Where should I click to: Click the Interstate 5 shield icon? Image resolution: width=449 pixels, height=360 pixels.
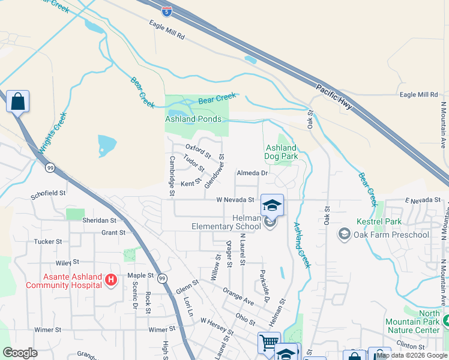[x=167, y=10]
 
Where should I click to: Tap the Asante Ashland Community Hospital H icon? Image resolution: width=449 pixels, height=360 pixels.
[x=110, y=280]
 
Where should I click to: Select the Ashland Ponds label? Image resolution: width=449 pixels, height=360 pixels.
[x=189, y=119]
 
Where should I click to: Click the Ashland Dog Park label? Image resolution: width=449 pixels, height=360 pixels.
[x=281, y=152]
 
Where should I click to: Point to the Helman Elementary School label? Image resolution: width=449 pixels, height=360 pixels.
[x=226, y=222]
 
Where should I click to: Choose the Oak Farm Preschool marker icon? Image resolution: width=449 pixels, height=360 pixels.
[x=345, y=233]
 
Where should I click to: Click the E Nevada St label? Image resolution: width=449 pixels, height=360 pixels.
[x=423, y=200]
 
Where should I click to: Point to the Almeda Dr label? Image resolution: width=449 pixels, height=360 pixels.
[x=252, y=173]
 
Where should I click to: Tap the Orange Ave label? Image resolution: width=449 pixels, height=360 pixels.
[x=238, y=295]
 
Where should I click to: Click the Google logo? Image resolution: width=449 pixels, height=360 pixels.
[x=20, y=353]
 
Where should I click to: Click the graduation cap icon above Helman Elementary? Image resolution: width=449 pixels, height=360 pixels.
[x=272, y=205]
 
